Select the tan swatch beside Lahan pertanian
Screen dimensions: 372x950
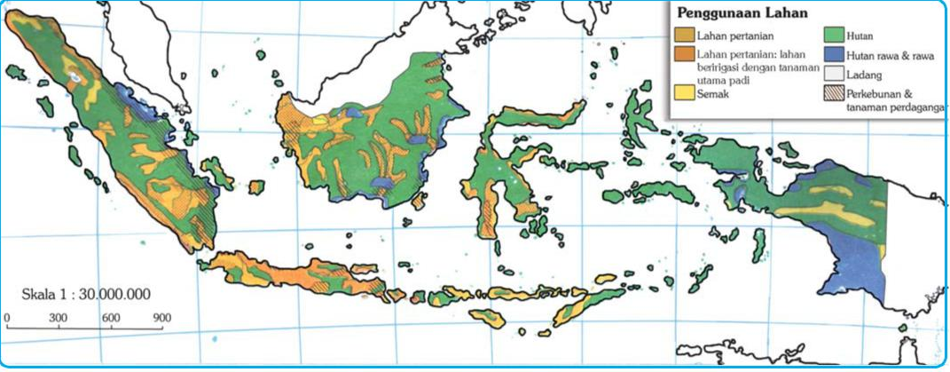(x=685, y=36)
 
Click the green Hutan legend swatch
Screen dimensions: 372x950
(x=834, y=36)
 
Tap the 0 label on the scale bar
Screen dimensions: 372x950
(x=7, y=317)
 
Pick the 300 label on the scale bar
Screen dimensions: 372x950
(x=59, y=317)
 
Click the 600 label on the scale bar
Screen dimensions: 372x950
(x=110, y=317)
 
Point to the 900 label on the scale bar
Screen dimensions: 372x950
(x=161, y=317)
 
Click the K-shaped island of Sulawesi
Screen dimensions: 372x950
(x=498, y=178)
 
